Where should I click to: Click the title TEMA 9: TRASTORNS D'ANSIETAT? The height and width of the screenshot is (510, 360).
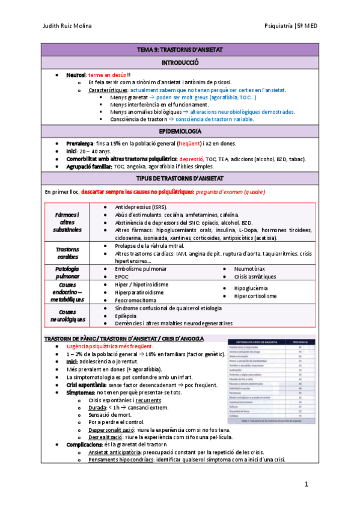coord(180,50)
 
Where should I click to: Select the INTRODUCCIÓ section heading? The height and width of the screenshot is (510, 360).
coord(180,63)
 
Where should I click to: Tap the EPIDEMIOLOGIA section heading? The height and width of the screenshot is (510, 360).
coord(180,131)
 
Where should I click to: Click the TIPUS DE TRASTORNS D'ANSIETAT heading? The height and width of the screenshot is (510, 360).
coord(180,178)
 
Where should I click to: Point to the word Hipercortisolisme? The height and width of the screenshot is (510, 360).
coord(255,296)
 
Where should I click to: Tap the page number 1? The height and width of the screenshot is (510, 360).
coord(306,484)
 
